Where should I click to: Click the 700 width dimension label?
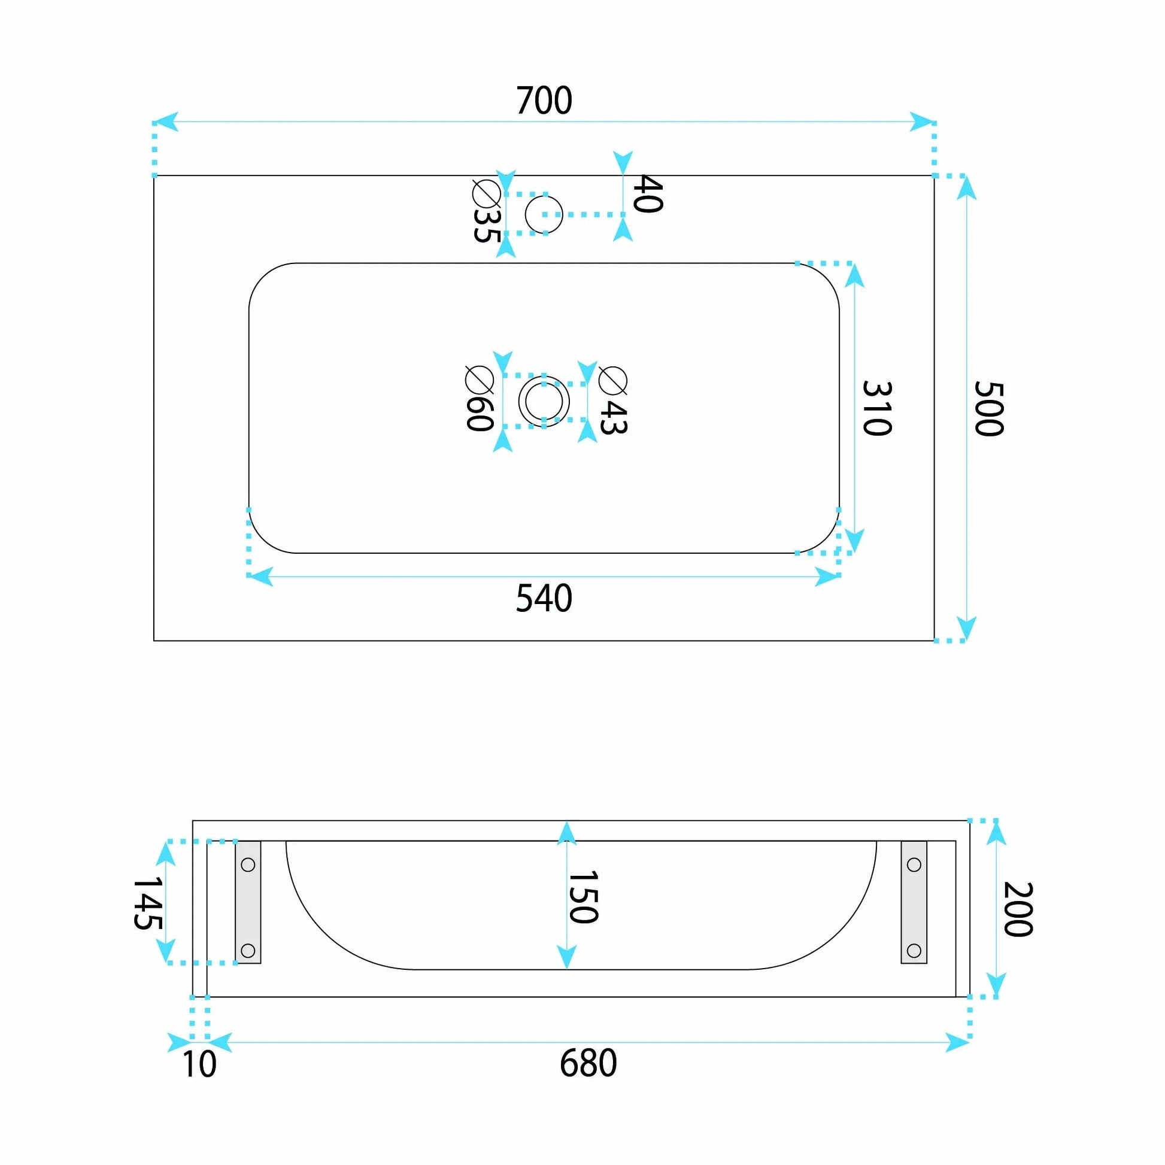[544, 101]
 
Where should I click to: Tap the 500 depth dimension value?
[989, 408]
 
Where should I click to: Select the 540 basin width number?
[544, 599]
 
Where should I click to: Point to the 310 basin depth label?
[877, 408]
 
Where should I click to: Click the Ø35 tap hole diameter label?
[486, 211]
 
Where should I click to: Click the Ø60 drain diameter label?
[480, 398]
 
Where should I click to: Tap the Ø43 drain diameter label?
[613, 401]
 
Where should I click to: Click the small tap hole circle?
[544, 196]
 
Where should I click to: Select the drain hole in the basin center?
[544, 377]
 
